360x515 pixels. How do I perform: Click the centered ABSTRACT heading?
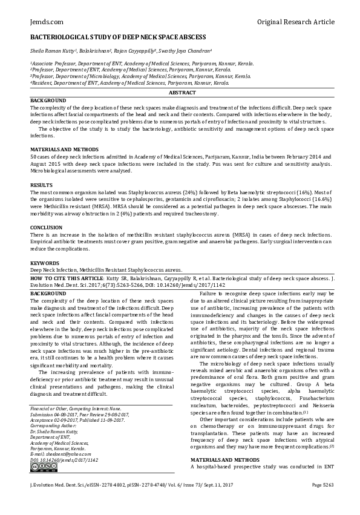click(182, 93)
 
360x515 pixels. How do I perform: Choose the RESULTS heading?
click(41, 184)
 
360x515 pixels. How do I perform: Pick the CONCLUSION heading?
click(46, 228)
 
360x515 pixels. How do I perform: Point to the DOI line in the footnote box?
click(64, 459)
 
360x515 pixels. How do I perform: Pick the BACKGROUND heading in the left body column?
click(48, 292)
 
